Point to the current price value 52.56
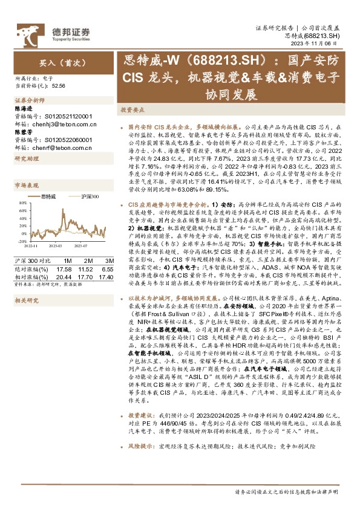pos(59,86)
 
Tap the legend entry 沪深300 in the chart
pos(88,197)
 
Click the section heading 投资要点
pos(132,111)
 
